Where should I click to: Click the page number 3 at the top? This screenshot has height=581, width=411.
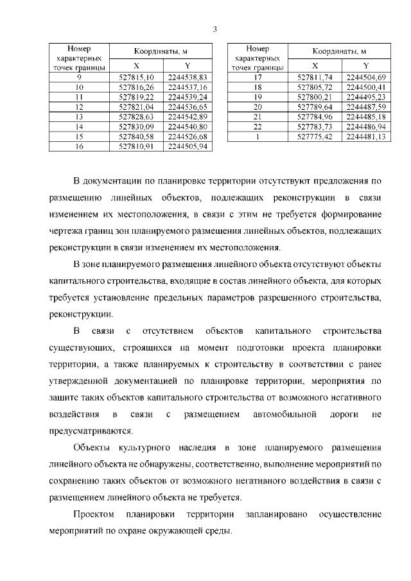coord(215,29)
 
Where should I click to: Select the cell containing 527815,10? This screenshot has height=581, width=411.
coord(137,77)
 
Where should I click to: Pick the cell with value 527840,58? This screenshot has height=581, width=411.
coord(137,137)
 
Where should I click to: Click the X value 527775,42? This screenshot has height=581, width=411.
coord(315,137)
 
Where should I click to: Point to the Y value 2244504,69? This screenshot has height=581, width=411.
coord(365,77)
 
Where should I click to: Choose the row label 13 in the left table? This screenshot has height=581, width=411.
coord(80,117)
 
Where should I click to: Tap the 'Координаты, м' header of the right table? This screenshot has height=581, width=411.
coord(340,51)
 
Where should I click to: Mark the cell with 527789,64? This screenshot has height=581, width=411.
coord(315,107)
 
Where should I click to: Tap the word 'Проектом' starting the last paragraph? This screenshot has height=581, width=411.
coord(94,515)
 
